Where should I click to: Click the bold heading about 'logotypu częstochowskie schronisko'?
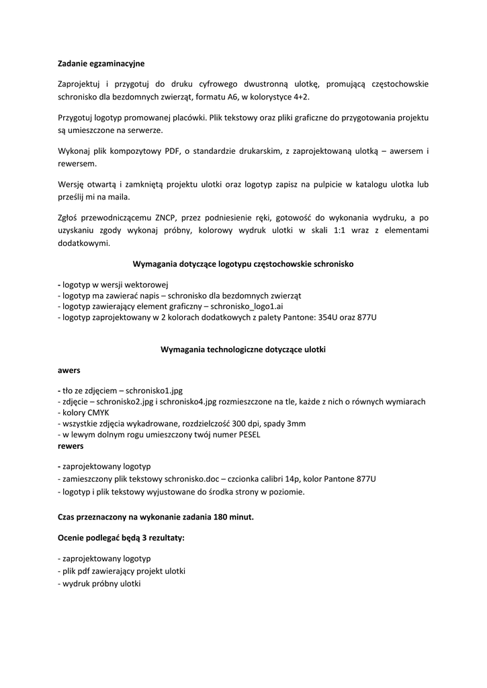click(x=243, y=264)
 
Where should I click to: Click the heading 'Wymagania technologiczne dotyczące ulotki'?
click(x=243, y=349)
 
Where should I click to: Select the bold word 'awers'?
click(x=69, y=370)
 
